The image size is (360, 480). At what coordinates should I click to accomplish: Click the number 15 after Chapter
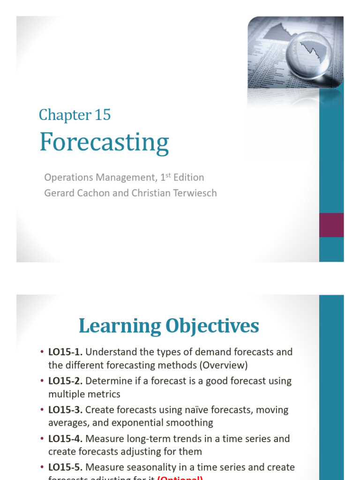(x=103, y=115)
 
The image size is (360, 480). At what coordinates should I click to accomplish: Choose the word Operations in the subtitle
(x=67, y=178)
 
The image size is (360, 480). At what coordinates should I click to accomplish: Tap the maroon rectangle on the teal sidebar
(x=331, y=225)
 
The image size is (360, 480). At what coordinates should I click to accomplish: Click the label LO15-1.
(x=66, y=352)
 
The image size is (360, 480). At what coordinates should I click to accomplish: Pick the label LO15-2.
(x=66, y=381)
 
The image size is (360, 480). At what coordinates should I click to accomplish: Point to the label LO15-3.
(x=66, y=410)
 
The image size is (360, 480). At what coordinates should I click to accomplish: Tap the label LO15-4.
(x=66, y=439)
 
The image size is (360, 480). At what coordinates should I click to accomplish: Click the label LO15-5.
(x=66, y=468)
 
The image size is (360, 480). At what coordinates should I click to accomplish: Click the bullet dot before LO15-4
(x=42, y=439)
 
